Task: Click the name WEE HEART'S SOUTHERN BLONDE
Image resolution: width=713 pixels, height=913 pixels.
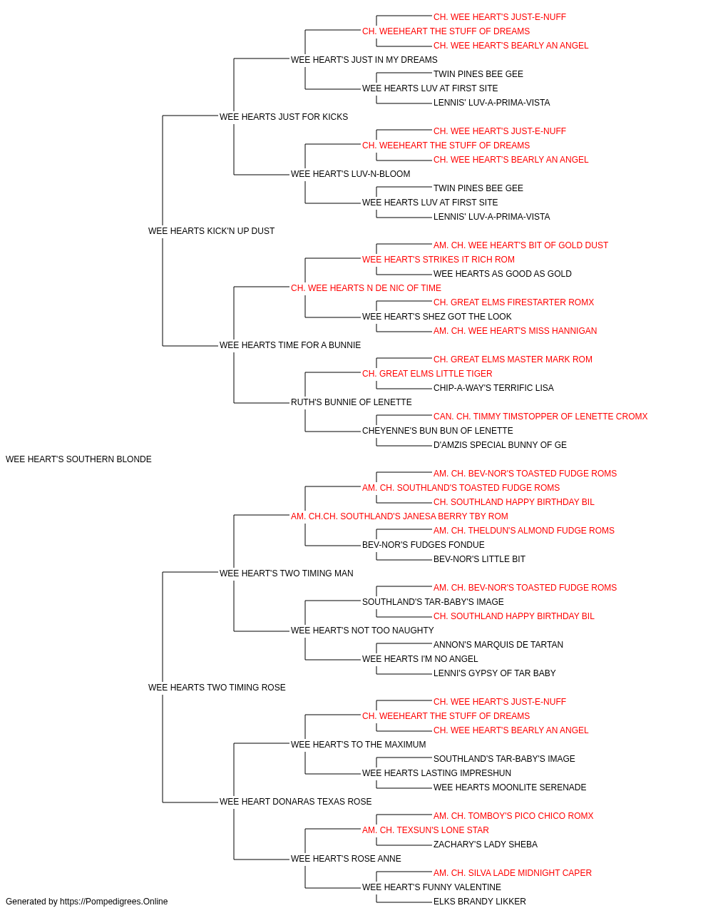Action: click(78, 459)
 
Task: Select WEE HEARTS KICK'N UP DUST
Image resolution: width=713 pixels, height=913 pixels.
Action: click(211, 231)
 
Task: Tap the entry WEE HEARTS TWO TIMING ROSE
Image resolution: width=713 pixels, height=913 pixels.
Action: click(217, 688)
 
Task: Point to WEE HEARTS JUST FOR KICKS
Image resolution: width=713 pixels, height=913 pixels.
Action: click(284, 117)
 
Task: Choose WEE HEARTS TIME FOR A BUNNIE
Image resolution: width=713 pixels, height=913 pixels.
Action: click(289, 345)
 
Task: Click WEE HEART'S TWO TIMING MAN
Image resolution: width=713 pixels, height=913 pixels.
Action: click(287, 573)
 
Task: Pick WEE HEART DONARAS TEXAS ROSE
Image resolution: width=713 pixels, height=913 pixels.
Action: click(295, 802)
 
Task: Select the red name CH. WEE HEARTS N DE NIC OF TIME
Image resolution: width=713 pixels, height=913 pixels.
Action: click(366, 288)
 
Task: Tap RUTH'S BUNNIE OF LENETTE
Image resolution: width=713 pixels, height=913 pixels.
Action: click(351, 402)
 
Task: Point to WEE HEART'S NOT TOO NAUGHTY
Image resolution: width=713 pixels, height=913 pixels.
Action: click(362, 631)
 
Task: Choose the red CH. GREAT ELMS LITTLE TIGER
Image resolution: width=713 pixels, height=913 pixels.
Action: click(427, 374)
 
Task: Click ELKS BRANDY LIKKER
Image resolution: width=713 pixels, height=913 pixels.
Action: click(480, 902)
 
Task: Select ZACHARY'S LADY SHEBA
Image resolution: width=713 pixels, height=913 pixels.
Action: click(486, 844)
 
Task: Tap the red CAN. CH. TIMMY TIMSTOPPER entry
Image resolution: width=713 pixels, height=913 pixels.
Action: click(540, 417)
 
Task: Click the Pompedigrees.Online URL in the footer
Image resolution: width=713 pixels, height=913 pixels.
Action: click(114, 902)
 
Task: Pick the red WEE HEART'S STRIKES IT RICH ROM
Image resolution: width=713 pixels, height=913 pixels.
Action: click(438, 260)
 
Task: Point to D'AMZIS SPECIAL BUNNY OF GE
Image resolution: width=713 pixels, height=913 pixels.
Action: click(500, 445)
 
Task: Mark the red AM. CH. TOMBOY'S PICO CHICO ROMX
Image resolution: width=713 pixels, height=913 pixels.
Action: click(513, 816)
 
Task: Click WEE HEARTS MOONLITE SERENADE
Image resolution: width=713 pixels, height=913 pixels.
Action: click(510, 787)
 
